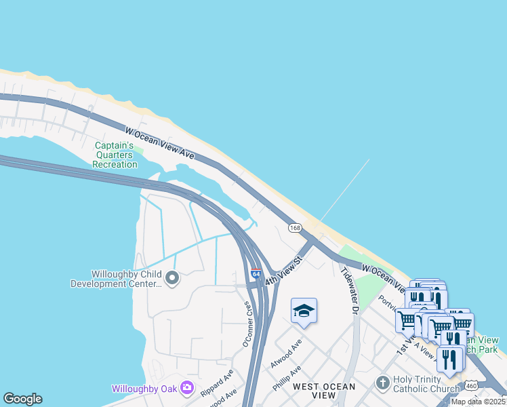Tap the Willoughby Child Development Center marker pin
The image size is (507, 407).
[x=172, y=277]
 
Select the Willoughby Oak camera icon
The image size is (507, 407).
[x=187, y=389]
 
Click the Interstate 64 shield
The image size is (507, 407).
[x=256, y=274]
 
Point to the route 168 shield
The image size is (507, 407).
[x=294, y=228]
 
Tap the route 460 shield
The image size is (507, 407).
[x=470, y=387]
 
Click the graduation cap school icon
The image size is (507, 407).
[x=304, y=311]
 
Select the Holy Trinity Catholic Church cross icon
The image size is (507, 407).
[x=383, y=383]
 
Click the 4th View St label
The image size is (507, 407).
[x=283, y=270]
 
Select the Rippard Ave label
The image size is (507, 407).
[x=217, y=383]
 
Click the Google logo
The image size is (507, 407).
[x=22, y=399]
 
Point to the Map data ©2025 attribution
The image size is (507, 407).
[x=479, y=402]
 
